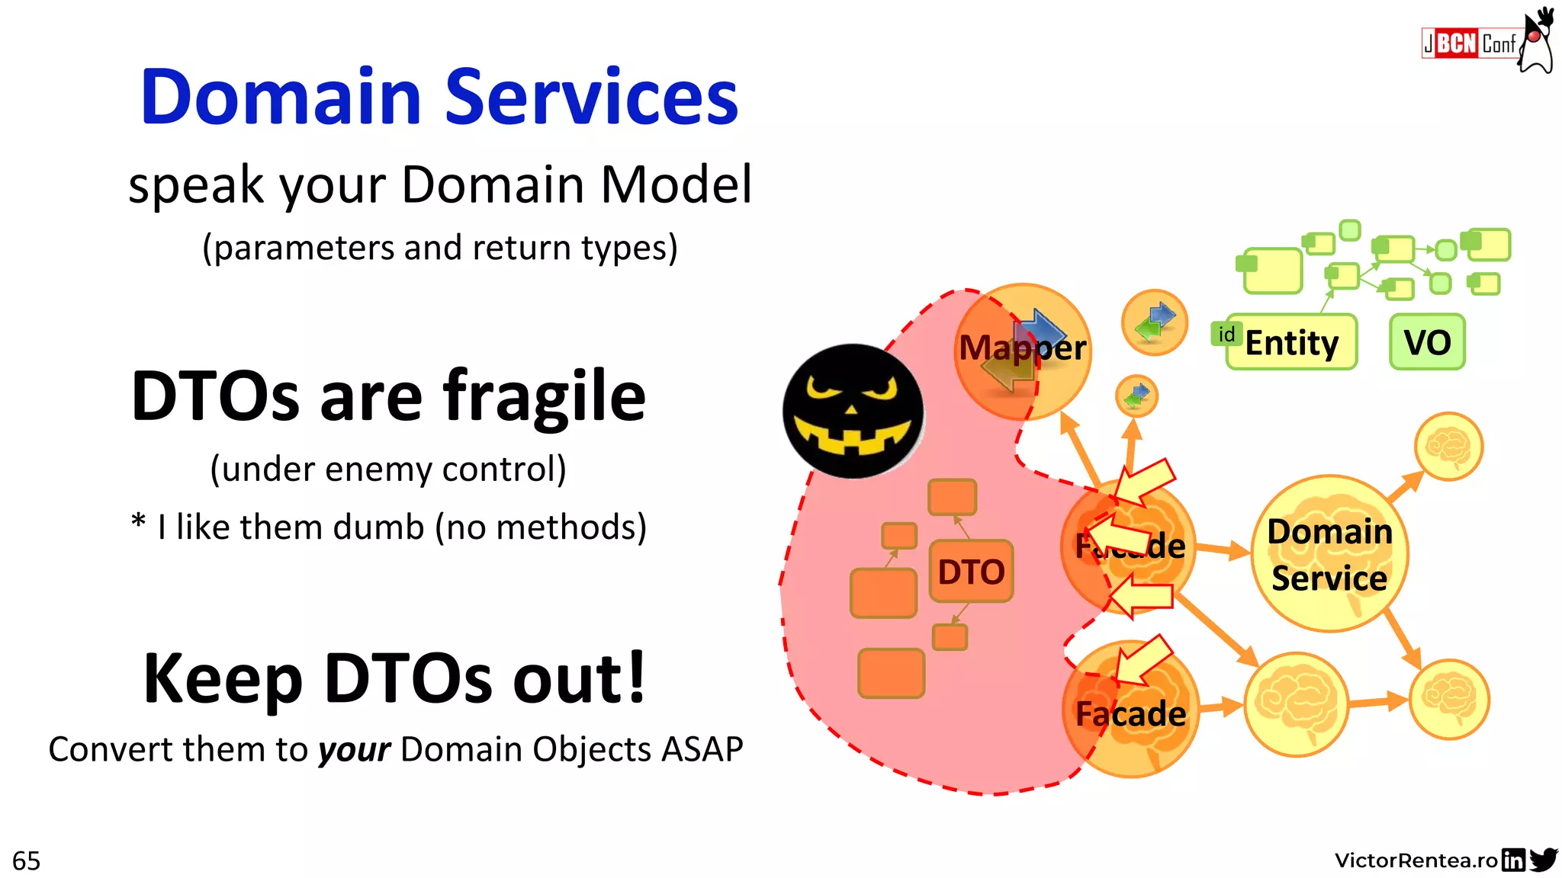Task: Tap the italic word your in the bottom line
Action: tap(354, 750)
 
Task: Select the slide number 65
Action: tap(27, 861)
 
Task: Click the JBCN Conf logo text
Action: tap(1468, 43)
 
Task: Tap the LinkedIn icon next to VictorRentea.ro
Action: tap(1512, 860)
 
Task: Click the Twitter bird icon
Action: tap(1543, 860)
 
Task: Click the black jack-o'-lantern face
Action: tap(853, 411)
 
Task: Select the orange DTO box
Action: tap(971, 572)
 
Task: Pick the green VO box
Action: tap(1427, 342)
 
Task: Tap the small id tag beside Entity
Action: tap(1226, 334)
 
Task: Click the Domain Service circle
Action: tap(1329, 554)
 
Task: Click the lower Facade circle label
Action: tap(1130, 714)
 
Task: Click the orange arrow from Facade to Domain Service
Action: tap(1223, 549)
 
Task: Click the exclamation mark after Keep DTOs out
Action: tap(634, 677)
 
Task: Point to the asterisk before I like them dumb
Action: tap(138, 523)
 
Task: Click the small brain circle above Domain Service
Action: tap(1448, 447)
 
